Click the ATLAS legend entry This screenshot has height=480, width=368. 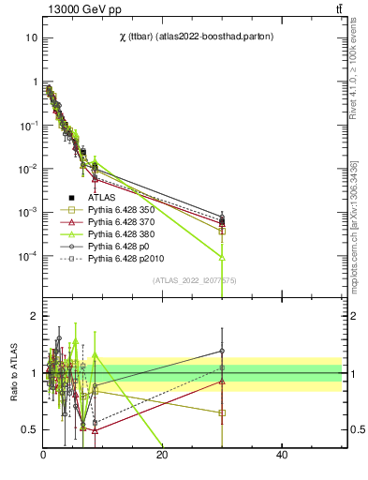click(102, 198)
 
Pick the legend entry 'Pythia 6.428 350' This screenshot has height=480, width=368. click(123, 211)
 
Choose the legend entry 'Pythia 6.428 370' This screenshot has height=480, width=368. click(123, 225)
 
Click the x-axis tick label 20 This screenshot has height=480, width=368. click(162, 456)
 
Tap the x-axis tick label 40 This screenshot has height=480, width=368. click(282, 456)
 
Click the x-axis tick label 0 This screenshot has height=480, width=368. click(43, 456)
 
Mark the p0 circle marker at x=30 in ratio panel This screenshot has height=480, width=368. click(222, 351)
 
